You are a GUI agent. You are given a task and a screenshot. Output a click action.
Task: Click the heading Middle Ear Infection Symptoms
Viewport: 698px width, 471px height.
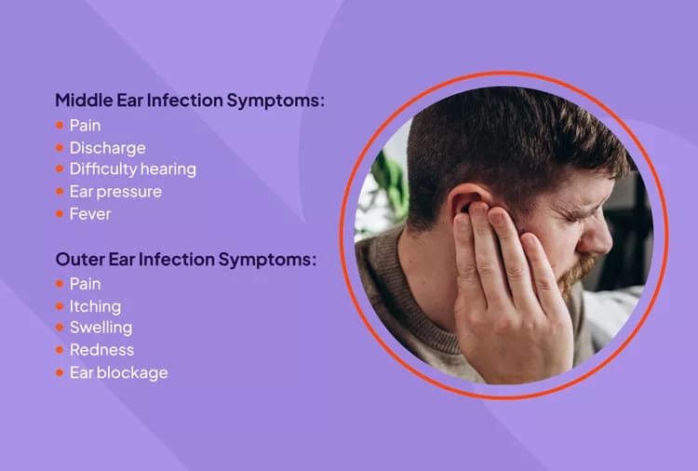[x=190, y=100]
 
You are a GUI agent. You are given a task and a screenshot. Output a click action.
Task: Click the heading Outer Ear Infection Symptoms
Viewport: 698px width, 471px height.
[x=185, y=259]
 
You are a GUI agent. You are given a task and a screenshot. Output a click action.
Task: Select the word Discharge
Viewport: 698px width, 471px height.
[x=107, y=147]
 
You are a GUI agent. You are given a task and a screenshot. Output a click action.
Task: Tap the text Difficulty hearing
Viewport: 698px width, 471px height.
[x=132, y=169]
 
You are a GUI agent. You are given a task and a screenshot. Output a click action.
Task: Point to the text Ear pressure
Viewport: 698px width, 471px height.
[x=115, y=192]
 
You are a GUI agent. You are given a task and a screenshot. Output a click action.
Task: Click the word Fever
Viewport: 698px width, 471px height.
[x=90, y=214]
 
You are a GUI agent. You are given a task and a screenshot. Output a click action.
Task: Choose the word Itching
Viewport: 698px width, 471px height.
[x=95, y=305]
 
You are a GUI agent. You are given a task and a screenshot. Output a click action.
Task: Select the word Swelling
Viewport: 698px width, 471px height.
[x=101, y=328]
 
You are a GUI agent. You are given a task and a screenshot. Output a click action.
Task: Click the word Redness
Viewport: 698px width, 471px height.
[x=101, y=350]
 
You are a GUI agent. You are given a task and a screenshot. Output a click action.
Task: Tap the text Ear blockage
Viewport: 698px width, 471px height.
[x=118, y=372]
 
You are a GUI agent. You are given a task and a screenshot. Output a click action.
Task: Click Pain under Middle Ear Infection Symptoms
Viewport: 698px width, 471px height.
[x=85, y=125]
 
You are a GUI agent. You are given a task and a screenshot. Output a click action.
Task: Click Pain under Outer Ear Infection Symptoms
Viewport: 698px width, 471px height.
[x=85, y=283]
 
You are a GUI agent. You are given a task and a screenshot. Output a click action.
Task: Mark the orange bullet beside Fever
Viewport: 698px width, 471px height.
[x=60, y=214]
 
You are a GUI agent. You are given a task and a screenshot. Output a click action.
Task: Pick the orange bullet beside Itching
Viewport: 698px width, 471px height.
[x=60, y=305]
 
